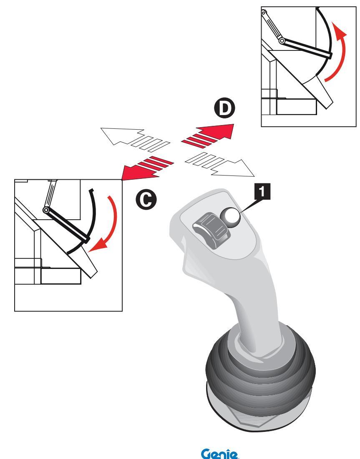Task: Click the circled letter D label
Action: tap(224, 109)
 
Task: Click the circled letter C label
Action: tap(146, 200)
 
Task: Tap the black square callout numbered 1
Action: tap(262, 191)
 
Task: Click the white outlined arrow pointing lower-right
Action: tap(220, 165)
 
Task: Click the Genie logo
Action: tap(220, 454)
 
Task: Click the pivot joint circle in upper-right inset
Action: tap(282, 41)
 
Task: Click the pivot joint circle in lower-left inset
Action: tap(46, 210)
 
